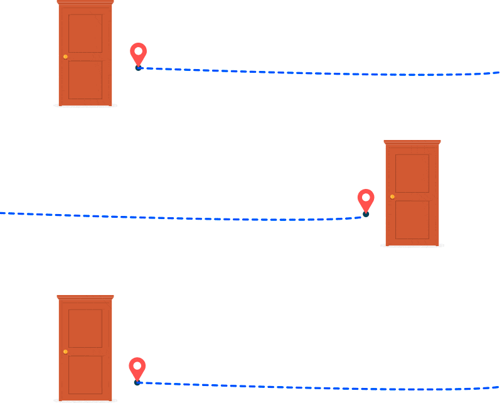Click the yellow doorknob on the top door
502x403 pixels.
65,56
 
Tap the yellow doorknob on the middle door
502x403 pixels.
392,196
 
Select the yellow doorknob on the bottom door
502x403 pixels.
65,352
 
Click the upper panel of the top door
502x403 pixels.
85,33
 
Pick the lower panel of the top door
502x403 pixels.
85,80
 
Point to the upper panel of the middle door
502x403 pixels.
412,173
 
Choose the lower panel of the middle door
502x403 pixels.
412,220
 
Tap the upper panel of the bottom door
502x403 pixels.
85,328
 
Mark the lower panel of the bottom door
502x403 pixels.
85,375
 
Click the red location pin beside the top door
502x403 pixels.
138,52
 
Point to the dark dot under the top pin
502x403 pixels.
138,68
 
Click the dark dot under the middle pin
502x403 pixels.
366,214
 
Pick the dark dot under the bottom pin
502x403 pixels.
137,382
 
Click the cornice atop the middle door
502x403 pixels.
412,142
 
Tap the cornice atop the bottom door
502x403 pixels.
85,297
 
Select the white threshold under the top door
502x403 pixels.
85,105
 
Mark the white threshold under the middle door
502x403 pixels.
412,245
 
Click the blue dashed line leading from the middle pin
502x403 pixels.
188,218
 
